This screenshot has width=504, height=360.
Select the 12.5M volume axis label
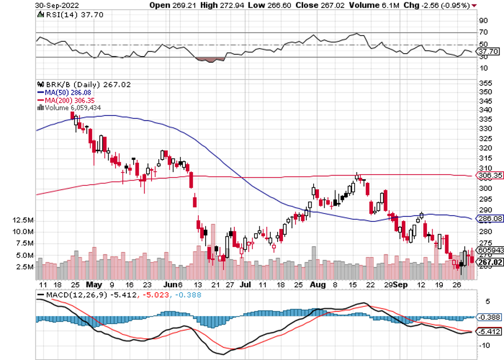[x=24, y=221]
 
